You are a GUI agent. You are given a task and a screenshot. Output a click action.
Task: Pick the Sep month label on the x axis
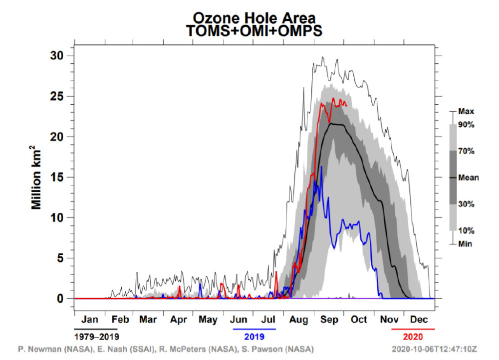point(328,320)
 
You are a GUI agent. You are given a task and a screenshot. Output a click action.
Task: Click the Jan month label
point(89,320)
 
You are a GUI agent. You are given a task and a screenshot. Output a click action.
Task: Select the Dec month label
point(418,320)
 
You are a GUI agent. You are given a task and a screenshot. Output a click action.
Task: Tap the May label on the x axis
point(209,320)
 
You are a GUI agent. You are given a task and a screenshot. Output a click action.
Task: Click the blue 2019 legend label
point(254,336)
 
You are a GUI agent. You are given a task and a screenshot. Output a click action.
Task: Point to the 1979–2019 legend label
point(96,336)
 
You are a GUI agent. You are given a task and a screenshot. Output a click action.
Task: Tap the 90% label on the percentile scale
point(466,125)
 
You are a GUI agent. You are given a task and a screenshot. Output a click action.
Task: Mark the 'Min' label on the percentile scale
point(465,244)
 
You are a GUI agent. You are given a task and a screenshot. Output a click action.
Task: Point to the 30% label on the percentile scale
point(466,204)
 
